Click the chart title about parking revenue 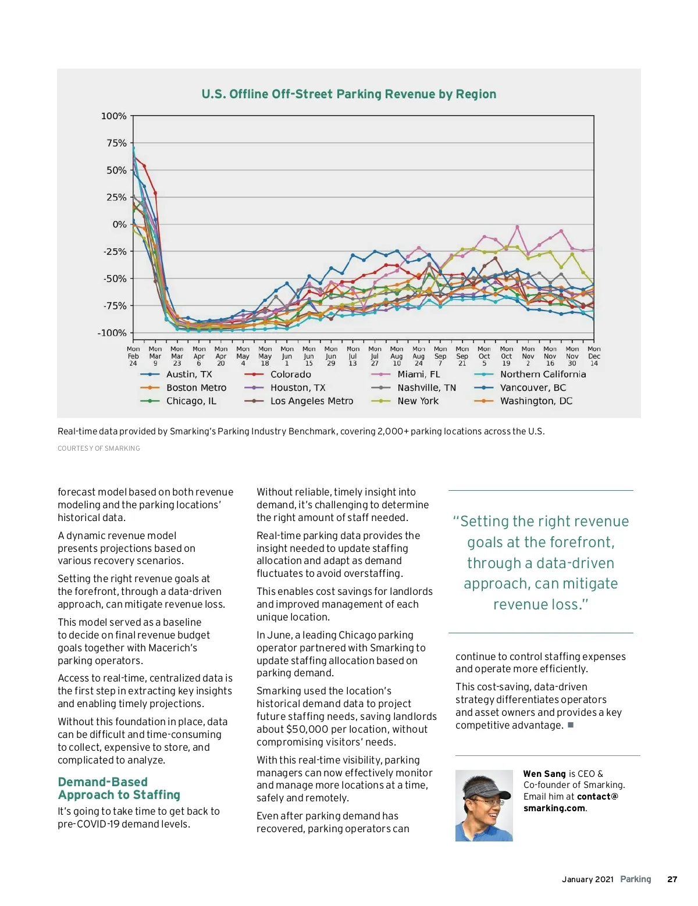[x=349, y=94]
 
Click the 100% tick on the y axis [x=114, y=116]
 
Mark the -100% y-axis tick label [x=112, y=333]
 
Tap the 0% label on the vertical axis [x=119, y=224]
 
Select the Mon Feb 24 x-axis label [x=133, y=356]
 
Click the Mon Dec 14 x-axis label [x=594, y=356]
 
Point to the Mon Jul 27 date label [x=375, y=356]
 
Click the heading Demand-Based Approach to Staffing [x=119, y=789]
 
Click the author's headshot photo [x=484, y=805]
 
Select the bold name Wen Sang [x=544, y=774]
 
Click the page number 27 [x=672, y=879]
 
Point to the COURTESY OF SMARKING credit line [x=99, y=448]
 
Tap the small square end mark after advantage [x=571, y=725]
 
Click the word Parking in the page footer [x=635, y=879]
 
